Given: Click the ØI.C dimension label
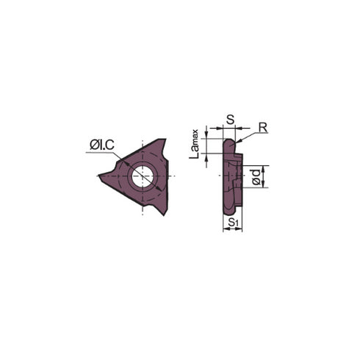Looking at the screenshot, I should (101, 146).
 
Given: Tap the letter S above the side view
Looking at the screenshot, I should (230, 117).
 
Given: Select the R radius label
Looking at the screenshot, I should (263, 127).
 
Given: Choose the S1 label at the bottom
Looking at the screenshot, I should (232, 221).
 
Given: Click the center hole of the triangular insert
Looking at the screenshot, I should (142, 176).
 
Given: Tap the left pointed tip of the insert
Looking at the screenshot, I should (101, 176).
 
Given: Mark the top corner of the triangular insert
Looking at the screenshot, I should (165, 141).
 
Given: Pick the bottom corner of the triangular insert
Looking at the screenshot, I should (166, 212).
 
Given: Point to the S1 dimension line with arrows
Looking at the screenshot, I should (232, 228).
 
